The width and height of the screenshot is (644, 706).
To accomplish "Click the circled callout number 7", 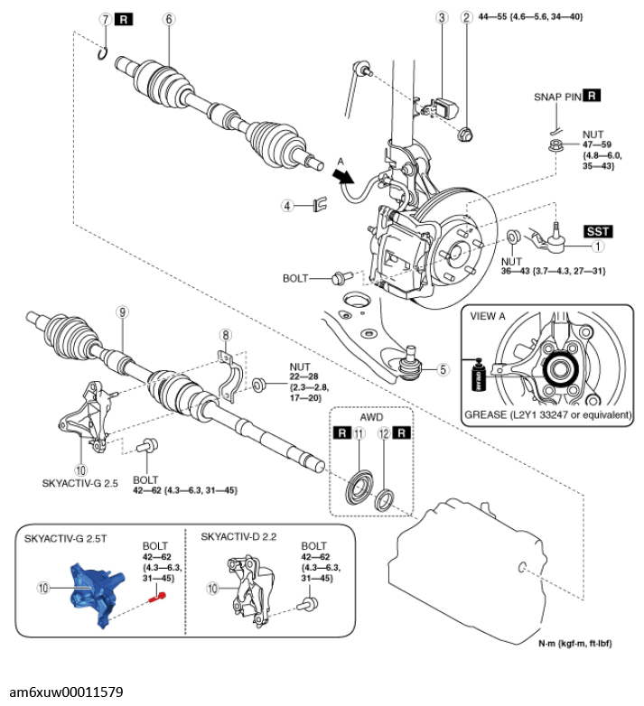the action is pyautogui.click(x=106, y=19).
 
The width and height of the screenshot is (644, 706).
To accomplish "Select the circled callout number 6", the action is pyautogui.click(x=169, y=19).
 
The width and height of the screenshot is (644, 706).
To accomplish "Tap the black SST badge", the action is pyautogui.click(x=598, y=231).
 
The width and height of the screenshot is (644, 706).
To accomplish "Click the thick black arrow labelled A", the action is pyautogui.click(x=343, y=176).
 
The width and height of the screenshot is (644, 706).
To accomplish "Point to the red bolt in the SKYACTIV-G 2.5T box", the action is pyautogui.click(x=157, y=598).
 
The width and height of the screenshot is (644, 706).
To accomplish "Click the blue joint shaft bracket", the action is pyautogui.click(x=97, y=593).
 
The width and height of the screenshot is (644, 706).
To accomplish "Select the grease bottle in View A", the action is pyautogui.click(x=479, y=375).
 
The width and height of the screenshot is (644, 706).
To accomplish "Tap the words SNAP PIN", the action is pyautogui.click(x=557, y=97).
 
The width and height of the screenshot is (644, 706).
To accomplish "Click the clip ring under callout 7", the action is pyautogui.click(x=103, y=53).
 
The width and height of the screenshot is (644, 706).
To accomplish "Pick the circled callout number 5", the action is pyautogui.click(x=443, y=369).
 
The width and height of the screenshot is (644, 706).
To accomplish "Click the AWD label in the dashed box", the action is pyautogui.click(x=371, y=417).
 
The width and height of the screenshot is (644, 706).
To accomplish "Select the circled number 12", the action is pyautogui.click(x=384, y=433).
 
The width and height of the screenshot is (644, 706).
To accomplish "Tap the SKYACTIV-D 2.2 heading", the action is pyautogui.click(x=238, y=536).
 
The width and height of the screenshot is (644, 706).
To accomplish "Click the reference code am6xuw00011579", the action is pyautogui.click(x=66, y=692).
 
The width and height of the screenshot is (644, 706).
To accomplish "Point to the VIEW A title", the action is pyautogui.click(x=488, y=316).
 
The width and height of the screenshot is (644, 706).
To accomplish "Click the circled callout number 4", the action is pyautogui.click(x=287, y=206).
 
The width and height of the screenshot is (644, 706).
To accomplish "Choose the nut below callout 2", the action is pyautogui.click(x=465, y=134).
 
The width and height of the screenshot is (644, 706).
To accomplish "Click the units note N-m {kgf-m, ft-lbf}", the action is pyautogui.click(x=575, y=644).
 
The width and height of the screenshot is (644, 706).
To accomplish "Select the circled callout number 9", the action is pyautogui.click(x=122, y=312).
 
